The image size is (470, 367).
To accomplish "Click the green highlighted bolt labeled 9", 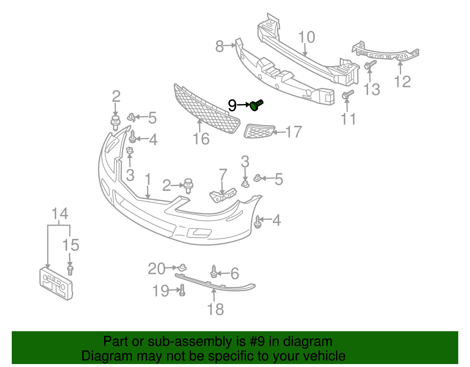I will pos(256,105).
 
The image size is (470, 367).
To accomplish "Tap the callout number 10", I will pos(306,38).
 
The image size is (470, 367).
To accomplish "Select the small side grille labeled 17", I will pos(259,131).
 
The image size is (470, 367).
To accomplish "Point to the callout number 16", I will pos(201,139).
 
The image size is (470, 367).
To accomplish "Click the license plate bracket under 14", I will pos(56,284).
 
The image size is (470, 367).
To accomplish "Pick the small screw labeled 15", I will pos(70,270).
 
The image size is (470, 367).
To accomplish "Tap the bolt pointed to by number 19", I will pos(182,290).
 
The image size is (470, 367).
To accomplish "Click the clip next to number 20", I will pos(183,268).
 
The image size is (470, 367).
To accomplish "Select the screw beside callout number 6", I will pos(214,272).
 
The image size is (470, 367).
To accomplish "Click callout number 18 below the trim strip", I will pos(215,309).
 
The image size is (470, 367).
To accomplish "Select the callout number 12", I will pos(402,82).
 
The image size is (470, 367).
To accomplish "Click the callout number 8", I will pos(219,46).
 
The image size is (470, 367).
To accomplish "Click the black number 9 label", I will pos(232,105).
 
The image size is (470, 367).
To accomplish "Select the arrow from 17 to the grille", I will pos(279,132).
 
